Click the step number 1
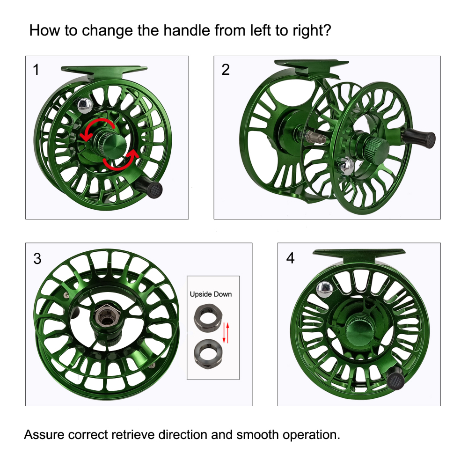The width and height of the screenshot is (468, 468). coord(36,70)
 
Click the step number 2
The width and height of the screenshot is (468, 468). coord(226,70)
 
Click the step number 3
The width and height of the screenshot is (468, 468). coord(37,258)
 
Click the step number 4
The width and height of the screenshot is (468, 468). coord(291,258)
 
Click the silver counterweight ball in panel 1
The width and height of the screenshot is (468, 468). coord(85,105)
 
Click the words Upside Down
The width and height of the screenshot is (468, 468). coord(211,294)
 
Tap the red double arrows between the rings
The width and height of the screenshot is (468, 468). coord(226,332)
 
